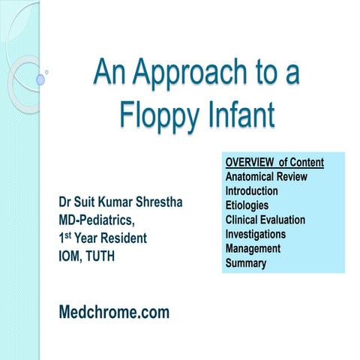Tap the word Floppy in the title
coord(157,115)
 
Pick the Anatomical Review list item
coord(265,177)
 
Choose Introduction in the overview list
coord(255,191)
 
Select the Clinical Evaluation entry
coord(265,220)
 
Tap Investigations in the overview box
coord(256,234)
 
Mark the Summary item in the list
coord(246,262)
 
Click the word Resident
coord(124,239)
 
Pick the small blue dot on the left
coord(40,78)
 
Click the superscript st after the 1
coord(69,235)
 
